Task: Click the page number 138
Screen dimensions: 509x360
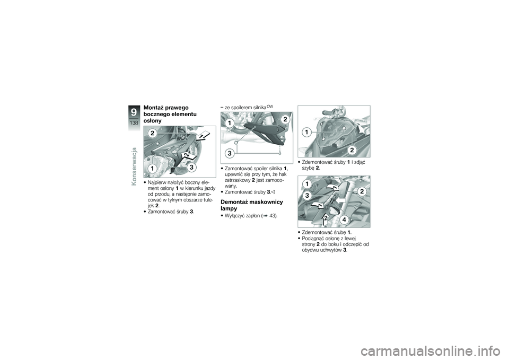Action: pos(134,122)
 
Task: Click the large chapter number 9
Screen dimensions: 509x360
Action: pos(134,112)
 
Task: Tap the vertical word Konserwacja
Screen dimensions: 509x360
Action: pos(134,166)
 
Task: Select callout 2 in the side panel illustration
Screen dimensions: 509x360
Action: pos(152,133)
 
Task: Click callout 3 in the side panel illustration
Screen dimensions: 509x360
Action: pos(192,167)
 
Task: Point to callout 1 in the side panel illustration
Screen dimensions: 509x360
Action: pos(152,169)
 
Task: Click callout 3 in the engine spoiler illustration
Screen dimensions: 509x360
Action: pos(230,153)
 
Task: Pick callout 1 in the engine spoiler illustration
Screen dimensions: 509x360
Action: pos(230,123)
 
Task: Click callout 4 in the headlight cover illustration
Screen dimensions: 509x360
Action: pos(344,219)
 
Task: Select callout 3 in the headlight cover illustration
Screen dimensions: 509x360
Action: pos(307,196)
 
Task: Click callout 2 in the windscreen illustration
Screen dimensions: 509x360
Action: pos(352,150)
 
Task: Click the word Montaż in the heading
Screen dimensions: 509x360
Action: pos(154,108)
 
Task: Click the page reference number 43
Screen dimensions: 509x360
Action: pos(273,216)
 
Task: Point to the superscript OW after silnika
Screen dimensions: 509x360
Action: pos(270,107)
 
